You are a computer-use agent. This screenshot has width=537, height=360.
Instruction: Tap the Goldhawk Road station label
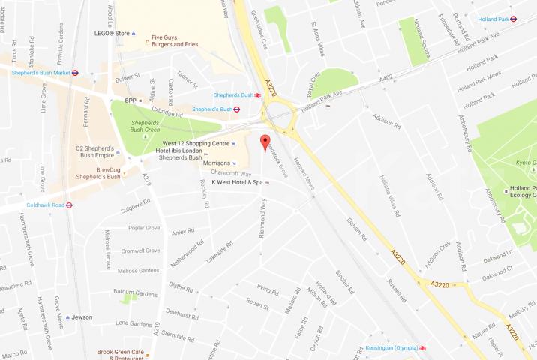(31, 204)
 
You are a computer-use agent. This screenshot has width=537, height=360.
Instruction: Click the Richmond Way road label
(262, 217)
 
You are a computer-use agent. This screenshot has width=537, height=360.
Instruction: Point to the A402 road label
(386, 76)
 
